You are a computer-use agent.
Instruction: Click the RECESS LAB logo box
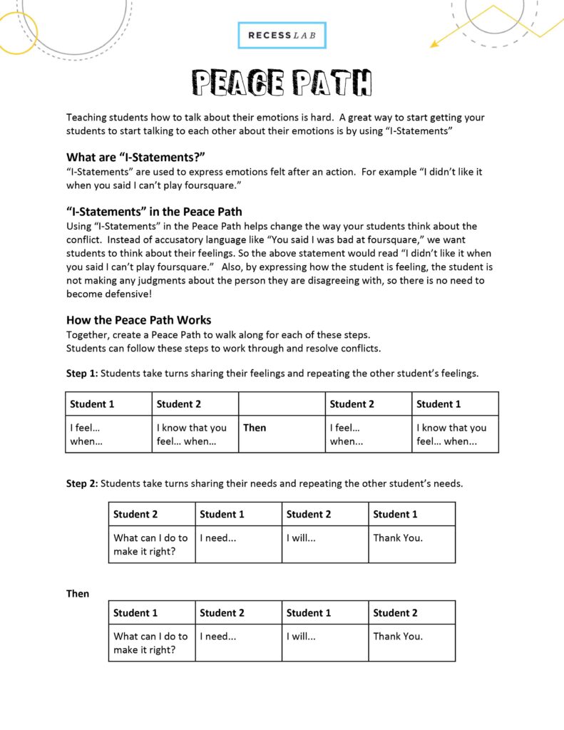(282, 35)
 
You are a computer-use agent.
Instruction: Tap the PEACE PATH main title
(282, 83)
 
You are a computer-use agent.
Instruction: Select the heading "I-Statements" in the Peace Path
(154, 212)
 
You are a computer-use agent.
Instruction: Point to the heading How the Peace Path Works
(138, 320)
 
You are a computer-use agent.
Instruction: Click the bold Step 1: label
(82, 373)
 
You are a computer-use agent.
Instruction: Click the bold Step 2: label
(82, 483)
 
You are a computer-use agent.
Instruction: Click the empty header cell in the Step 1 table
(282, 403)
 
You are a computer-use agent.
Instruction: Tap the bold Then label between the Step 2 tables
(78, 593)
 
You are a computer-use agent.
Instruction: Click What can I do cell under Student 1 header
(150, 642)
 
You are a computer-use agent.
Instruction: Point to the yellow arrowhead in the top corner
(434, 44)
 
